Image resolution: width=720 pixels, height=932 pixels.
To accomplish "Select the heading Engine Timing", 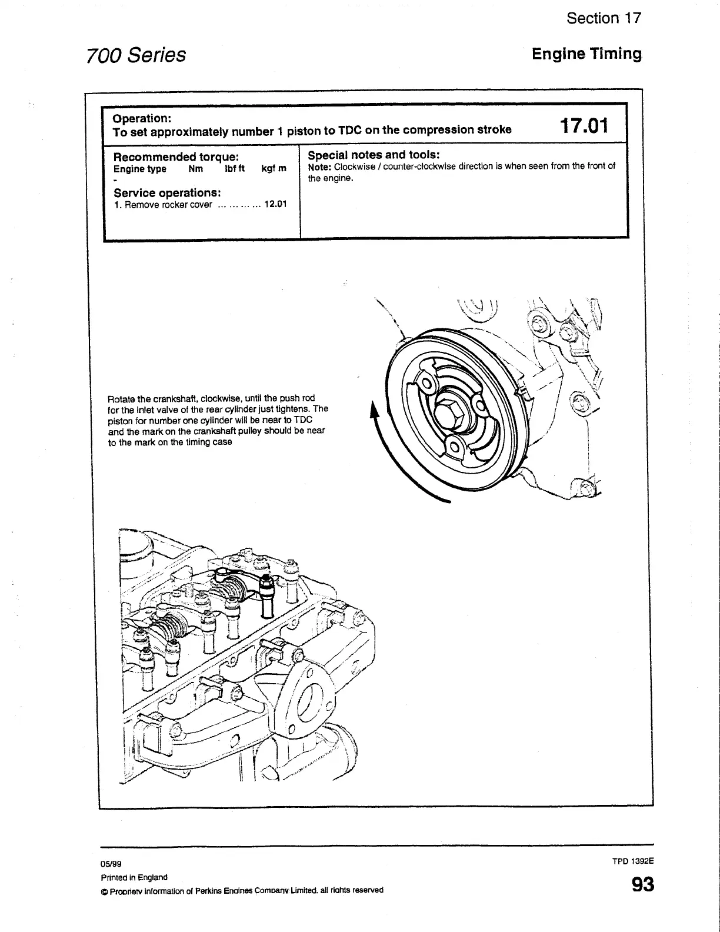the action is tap(586, 54).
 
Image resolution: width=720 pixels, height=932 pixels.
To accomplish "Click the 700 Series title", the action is tap(136, 55).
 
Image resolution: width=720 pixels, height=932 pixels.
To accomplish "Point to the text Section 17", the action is tap(604, 18).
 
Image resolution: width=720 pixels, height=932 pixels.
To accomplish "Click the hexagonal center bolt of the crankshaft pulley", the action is tap(450, 415).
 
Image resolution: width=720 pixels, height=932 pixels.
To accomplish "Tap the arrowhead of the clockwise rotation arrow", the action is tap(372, 409).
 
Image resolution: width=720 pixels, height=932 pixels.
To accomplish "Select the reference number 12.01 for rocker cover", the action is tap(275, 205).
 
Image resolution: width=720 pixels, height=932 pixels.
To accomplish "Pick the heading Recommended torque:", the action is tap(176, 157).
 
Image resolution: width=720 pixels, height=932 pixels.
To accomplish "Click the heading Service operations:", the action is tap(167, 193).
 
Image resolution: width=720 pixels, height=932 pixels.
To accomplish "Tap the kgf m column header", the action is tap(274, 169).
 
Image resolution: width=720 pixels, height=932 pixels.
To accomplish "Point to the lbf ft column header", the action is tap(235, 169).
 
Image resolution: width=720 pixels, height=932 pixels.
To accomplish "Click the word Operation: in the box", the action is tap(142, 118).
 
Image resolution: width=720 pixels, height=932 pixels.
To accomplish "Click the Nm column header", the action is tap(195, 169).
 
